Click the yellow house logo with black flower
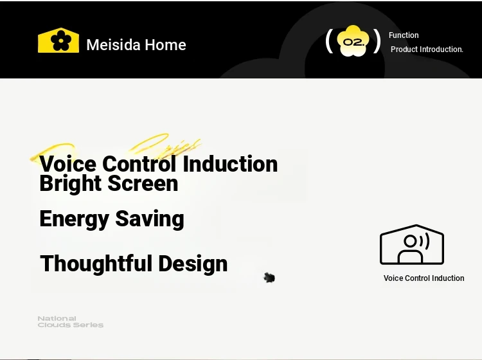click(x=58, y=40)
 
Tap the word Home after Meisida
click(x=165, y=45)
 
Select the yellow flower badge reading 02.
click(x=353, y=41)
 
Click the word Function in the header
click(x=404, y=35)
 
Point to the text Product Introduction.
click(x=427, y=50)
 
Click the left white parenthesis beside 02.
click(x=329, y=41)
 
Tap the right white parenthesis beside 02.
click(x=377, y=41)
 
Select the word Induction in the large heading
click(x=230, y=164)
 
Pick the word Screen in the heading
click(x=143, y=183)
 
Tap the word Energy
click(x=74, y=219)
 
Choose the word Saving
click(x=150, y=219)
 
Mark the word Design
click(x=193, y=264)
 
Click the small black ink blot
click(x=269, y=278)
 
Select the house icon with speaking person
click(x=412, y=244)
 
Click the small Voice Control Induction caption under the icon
click(x=424, y=278)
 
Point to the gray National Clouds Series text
click(x=71, y=321)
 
